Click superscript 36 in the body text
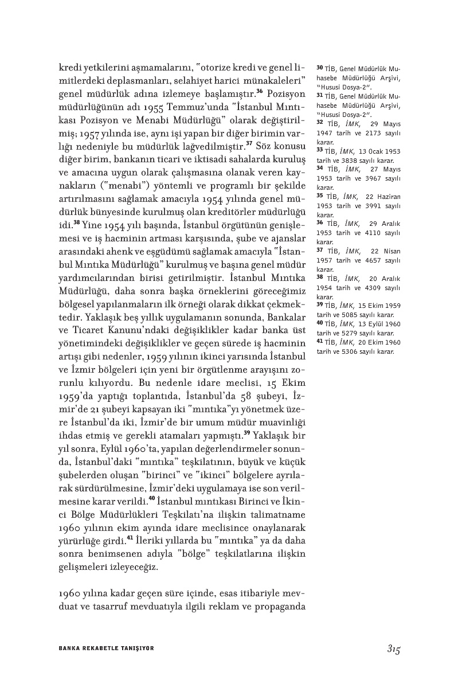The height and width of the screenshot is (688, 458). pyautogui.click(x=260, y=90)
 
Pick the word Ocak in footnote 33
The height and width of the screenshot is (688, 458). pyautogui.click(x=371, y=151)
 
